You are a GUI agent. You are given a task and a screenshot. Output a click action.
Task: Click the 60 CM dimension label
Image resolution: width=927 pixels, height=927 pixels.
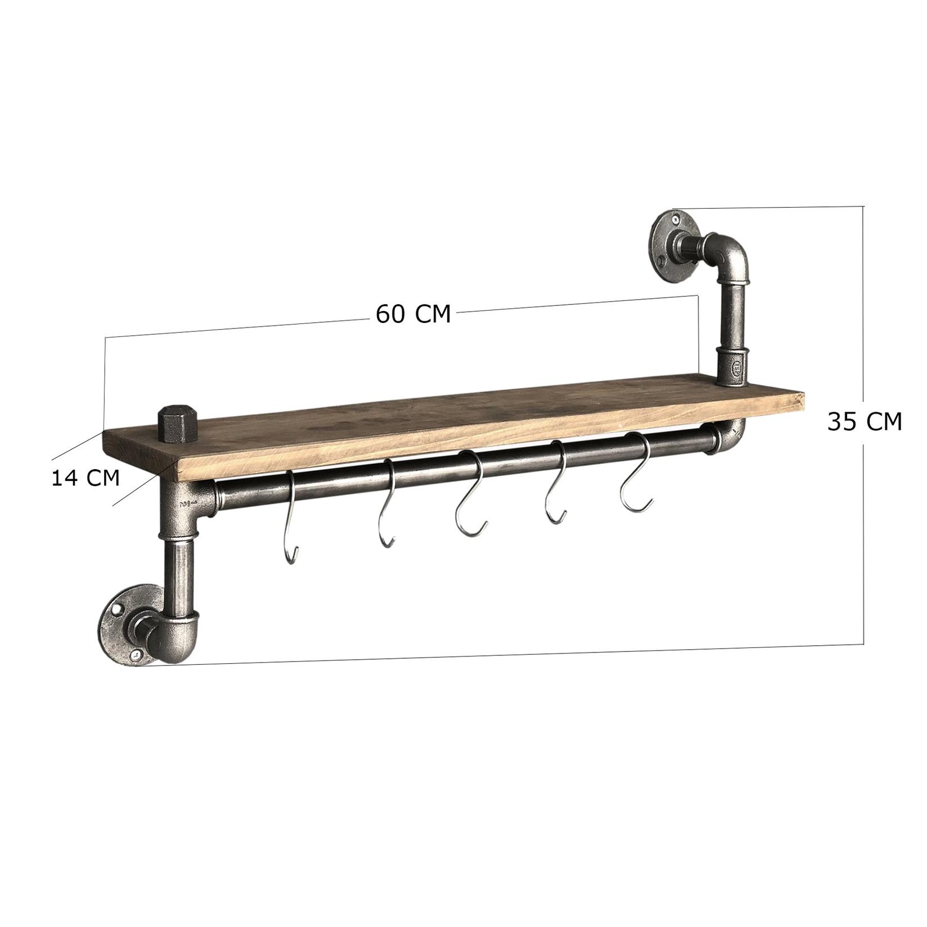click(413, 314)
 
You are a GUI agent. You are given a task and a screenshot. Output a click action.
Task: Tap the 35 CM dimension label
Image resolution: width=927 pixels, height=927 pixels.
click(864, 421)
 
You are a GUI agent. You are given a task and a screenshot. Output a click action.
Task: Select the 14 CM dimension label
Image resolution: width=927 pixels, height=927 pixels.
click(85, 478)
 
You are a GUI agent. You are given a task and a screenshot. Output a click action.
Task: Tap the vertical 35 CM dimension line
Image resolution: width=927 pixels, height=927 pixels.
click(863, 562)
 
